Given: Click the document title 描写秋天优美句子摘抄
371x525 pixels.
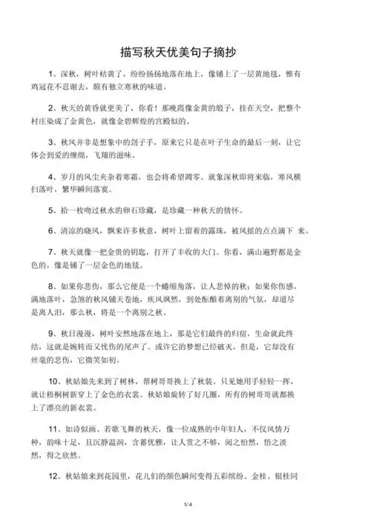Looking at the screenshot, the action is point(185,54).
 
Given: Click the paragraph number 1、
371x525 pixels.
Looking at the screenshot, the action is point(53,75).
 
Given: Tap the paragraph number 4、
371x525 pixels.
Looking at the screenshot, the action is point(53,178).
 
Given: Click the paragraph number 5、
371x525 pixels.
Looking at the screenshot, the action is point(53,211).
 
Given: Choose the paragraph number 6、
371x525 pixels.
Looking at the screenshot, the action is point(53,231).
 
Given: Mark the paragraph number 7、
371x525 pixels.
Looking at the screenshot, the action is point(53,251).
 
